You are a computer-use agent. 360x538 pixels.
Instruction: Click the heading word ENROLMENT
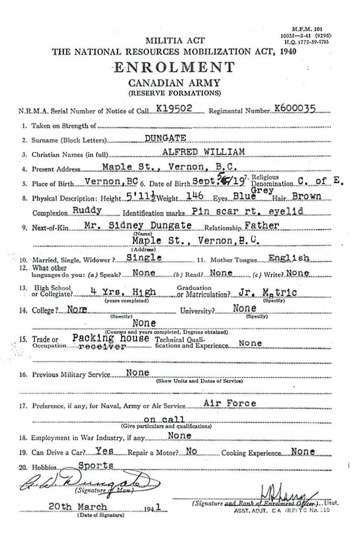click(x=174, y=67)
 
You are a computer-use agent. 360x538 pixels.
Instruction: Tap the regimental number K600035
click(x=295, y=109)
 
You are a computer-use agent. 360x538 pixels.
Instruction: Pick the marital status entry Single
click(x=144, y=258)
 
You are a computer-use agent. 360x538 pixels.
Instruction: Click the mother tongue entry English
click(x=289, y=258)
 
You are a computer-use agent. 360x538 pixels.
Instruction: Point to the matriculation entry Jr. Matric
click(x=268, y=293)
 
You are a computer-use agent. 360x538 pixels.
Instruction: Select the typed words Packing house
click(x=111, y=338)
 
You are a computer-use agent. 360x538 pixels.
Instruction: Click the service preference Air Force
click(x=230, y=403)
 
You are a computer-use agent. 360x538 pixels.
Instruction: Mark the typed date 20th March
click(x=78, y=507)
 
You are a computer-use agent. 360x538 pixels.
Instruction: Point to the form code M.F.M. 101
click(x=308, y=29)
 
